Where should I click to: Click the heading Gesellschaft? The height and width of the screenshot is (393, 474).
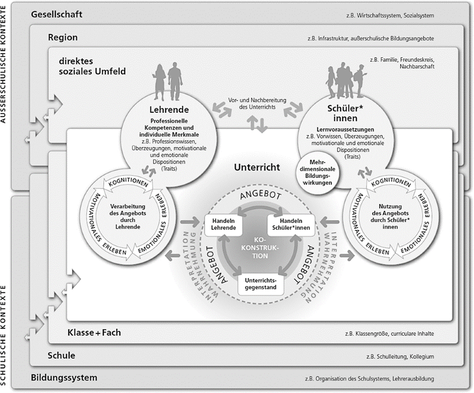57,14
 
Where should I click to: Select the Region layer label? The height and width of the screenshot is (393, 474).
63,38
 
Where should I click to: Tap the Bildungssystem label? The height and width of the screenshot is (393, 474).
64,377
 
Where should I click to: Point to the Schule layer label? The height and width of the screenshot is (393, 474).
61,355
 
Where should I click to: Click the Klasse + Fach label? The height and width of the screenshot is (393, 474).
94,332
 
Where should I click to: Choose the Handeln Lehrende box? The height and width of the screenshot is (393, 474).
223,225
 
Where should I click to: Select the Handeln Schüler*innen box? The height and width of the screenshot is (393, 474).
291,225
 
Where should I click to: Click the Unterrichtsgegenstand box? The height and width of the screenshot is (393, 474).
261,284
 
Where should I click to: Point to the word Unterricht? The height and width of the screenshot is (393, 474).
257,167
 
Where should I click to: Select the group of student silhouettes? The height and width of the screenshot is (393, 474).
347,80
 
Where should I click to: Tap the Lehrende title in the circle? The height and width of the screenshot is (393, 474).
169,109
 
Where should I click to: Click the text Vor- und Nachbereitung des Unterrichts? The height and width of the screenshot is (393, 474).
257,103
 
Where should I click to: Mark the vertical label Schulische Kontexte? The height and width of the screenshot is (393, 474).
4,335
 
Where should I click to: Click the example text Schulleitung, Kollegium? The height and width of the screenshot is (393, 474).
400,357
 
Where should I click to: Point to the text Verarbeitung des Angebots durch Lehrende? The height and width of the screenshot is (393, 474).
127,217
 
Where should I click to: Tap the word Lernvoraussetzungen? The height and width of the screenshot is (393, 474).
345,130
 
